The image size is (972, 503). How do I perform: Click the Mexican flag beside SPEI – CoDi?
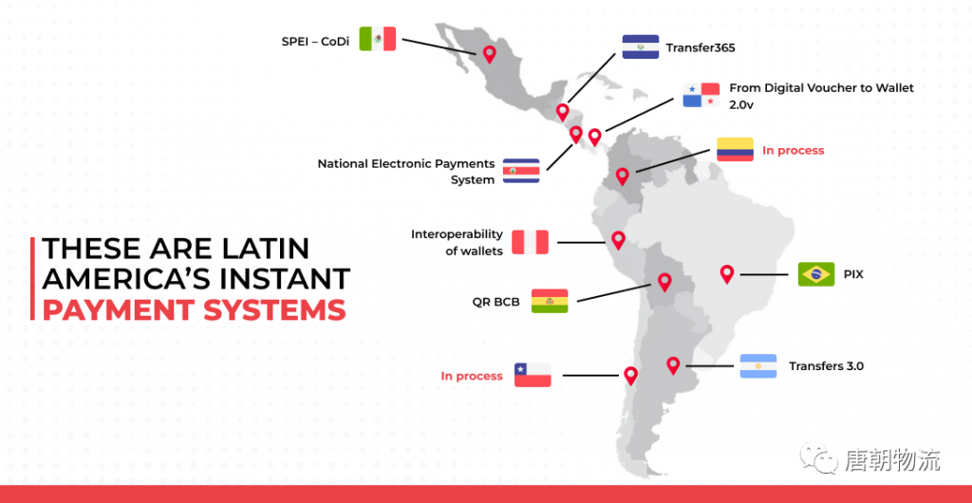tap(378, 38)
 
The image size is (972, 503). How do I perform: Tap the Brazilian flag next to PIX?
tap(816, 274)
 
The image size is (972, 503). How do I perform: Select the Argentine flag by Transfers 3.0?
tap(758, 366)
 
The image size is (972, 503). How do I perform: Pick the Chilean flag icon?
tap(533, 375)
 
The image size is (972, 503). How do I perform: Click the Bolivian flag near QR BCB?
tap(550, 301)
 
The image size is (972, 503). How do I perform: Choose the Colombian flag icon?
tap(736, 149)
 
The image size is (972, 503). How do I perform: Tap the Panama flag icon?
tap(701, 95)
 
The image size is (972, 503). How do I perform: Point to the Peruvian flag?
tap(530, 242)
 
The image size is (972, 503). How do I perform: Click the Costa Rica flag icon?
tap(521, 170)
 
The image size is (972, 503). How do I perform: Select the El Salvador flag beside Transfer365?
tap(641, 47)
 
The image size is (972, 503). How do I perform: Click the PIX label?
tap(853, 274)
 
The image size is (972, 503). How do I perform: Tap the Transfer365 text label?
tap(701, 47)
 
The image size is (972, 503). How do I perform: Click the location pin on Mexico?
tap(490, 54)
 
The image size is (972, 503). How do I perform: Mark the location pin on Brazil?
tap(727, 273)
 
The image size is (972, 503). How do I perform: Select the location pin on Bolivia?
tap(664, 282)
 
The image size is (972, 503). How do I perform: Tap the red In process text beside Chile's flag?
tap(472, 376)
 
